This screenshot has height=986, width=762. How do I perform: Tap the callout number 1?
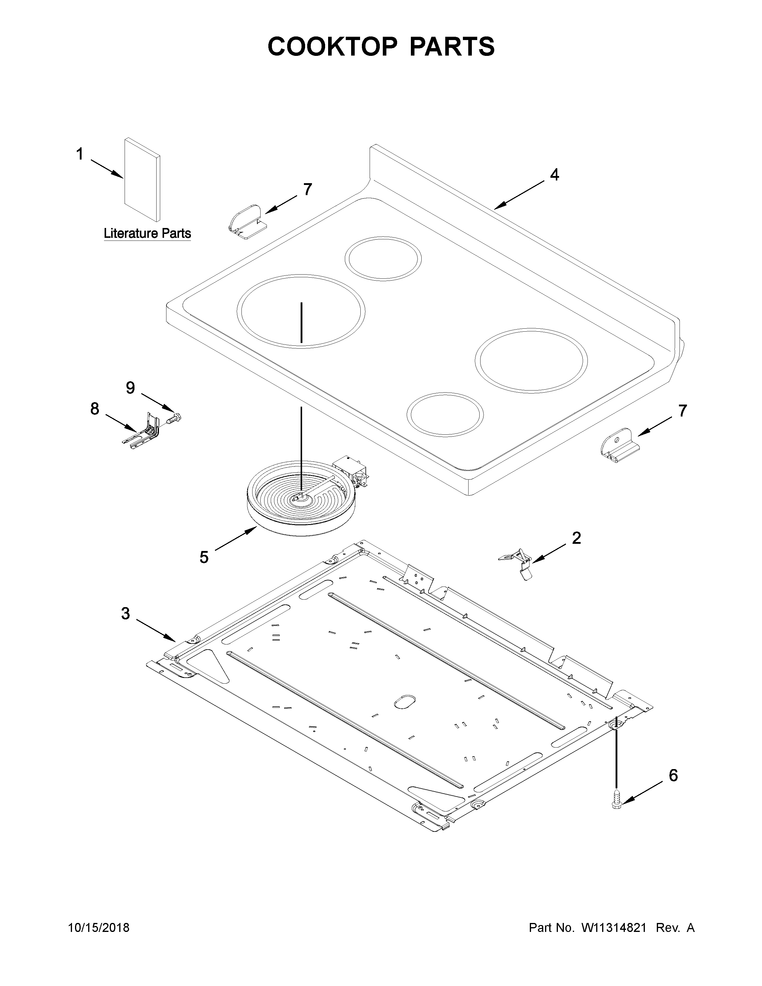[x=79, y=154]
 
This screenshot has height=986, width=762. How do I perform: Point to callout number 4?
[x=554, y=175]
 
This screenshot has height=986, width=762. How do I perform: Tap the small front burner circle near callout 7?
[x=445, y=414]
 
